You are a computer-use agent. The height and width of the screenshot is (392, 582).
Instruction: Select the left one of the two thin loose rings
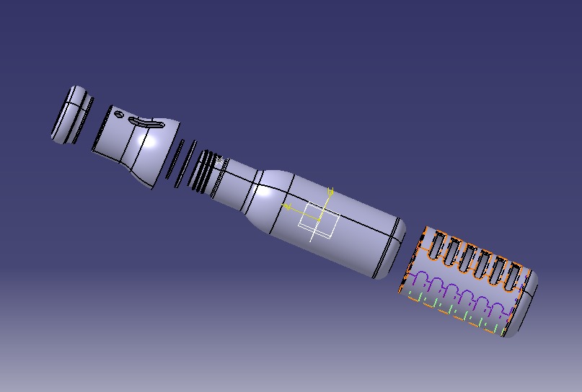point(175,160)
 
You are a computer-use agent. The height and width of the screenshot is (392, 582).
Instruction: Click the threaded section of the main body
point(208,173)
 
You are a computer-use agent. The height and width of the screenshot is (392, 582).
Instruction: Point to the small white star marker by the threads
point(220,160)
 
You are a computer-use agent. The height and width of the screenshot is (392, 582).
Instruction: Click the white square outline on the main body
point(318,221)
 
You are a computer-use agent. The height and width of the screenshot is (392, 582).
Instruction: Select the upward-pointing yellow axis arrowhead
point(331,192)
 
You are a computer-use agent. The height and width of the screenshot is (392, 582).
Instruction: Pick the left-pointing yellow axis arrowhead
point(286,207)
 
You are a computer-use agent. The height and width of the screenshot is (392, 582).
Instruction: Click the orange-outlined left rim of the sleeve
point(413,263)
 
